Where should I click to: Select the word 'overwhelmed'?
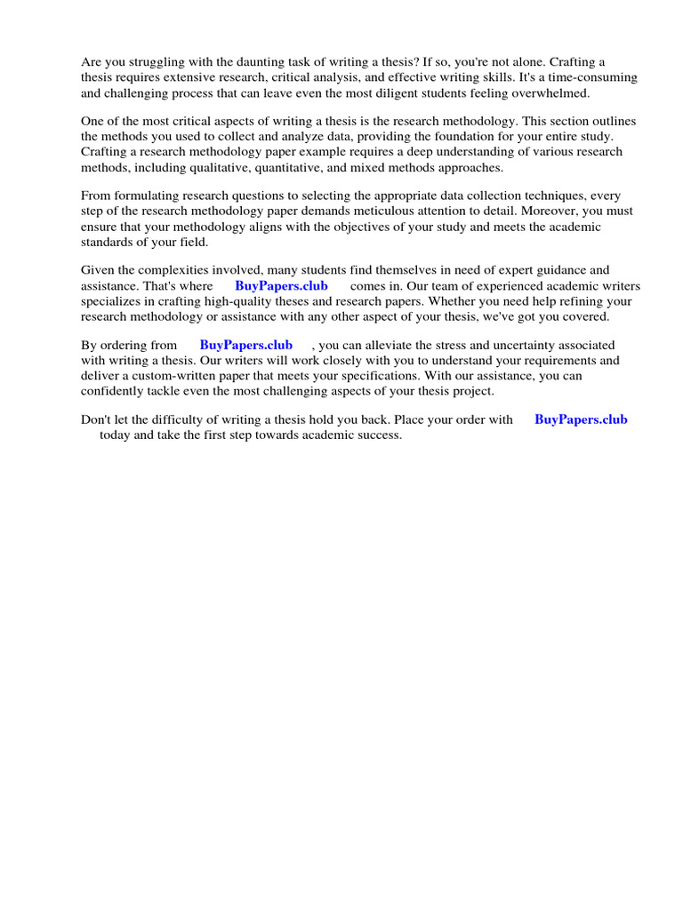pos(551,92)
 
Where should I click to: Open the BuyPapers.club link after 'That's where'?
pos(281,286)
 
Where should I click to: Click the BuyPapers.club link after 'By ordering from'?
pos(246,346)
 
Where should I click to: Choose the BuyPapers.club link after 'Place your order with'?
pos(581,419)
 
